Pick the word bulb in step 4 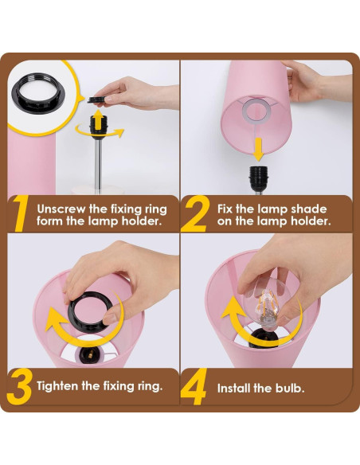point(291,389)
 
